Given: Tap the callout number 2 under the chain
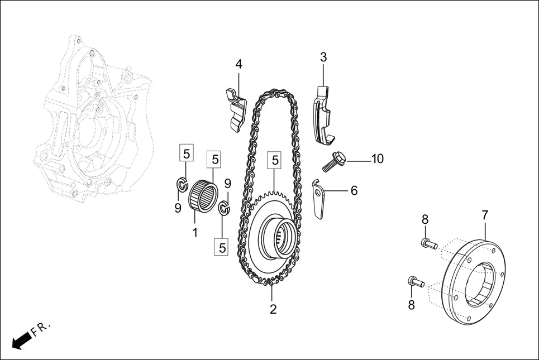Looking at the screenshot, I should click(x=273, y=309).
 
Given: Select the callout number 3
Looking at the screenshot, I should click(x=323, y=57).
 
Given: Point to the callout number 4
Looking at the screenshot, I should click(x=239, y=64).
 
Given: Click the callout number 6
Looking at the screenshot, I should click(x=354, y=190).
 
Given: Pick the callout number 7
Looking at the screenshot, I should click(x=485, y=215).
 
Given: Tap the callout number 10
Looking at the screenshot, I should click(x=377, y=159).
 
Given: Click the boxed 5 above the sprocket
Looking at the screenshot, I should click(x=275, y=161).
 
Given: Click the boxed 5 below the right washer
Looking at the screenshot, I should click(x=222, y=246).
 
